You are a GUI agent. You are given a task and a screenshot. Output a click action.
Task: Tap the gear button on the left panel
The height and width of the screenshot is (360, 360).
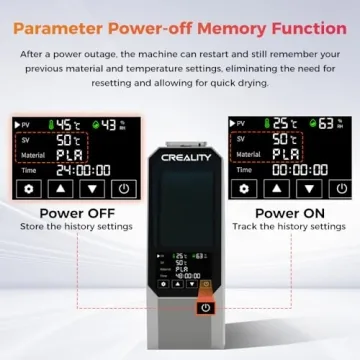click(x=30, y=188)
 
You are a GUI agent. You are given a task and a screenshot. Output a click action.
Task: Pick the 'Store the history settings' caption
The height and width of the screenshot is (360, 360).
click(x=75, y=227)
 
